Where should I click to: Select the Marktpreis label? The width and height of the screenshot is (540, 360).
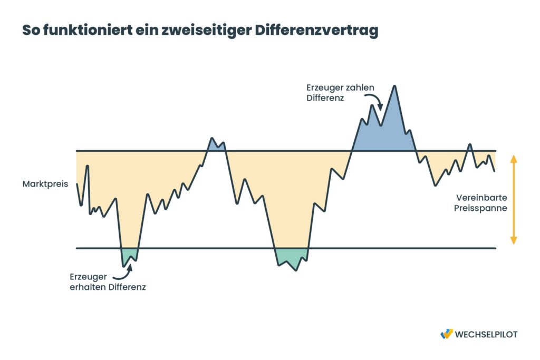pyautogui.click(x=45, y=184)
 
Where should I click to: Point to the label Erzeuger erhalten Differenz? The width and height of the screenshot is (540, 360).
pyautogui.click(x=107, y=282)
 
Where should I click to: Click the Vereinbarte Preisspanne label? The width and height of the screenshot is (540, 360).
pyautogui.click(x=481, y=203)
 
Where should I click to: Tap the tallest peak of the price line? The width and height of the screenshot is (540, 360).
pyautogui.click(x=394, y=86)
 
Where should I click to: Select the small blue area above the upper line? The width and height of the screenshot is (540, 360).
pyautogui.click(x=215, y=145)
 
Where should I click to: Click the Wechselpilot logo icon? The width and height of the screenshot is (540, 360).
pyautogui.click(x=446, y=334)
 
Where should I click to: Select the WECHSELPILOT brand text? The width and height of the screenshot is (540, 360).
pyautogui.click(x=487, y=334)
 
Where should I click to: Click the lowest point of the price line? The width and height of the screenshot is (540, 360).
pyautogui.click(x=296, y=270)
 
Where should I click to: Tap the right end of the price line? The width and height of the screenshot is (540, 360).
pyautogui.click(x=495, y=171)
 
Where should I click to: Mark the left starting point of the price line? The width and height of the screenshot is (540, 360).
pyautogui.click(x=77, y=183)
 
